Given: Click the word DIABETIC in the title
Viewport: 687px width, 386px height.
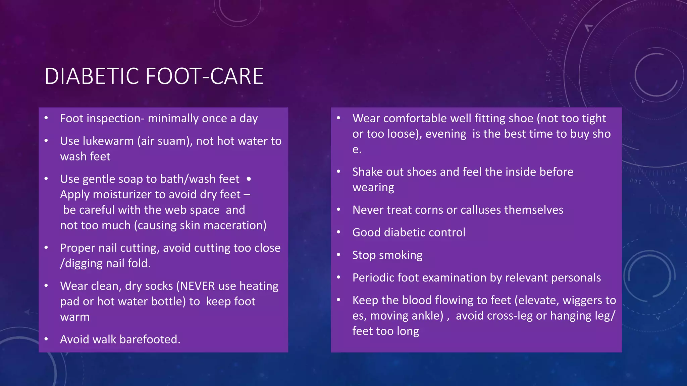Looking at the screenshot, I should point(92,76).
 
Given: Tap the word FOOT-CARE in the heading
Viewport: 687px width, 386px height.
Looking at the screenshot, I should point(205,76).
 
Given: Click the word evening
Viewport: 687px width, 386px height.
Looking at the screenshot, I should point(446,134).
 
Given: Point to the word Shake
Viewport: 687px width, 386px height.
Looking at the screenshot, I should point(367,172).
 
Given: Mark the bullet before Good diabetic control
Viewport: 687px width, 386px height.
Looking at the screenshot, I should point(339,232).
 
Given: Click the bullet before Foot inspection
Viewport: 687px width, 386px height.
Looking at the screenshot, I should point(46,118).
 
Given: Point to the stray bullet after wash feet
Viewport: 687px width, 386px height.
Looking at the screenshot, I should point(249,179).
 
